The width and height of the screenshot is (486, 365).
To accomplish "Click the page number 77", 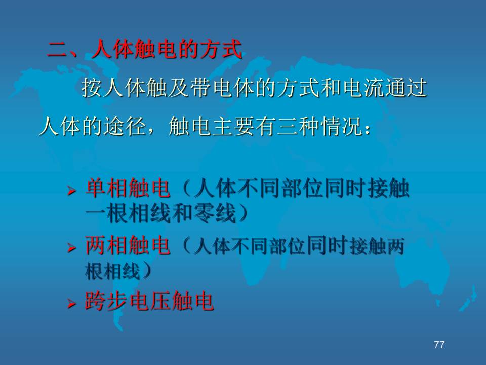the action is pos(439,345).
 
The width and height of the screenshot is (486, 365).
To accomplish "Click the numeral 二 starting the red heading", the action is pos(58,50).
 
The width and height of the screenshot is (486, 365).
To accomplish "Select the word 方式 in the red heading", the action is pos(221,49).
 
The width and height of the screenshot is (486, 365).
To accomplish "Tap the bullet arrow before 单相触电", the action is pos(71,190).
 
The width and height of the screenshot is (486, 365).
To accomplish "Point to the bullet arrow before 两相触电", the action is pos(71,248).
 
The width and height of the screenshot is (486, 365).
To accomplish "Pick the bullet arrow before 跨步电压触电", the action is pos(71,303).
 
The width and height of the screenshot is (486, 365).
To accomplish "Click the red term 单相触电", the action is pos(128,188).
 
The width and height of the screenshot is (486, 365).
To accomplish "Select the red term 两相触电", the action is pos(128,245).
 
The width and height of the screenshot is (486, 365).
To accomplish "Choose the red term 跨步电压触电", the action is pos(149,301).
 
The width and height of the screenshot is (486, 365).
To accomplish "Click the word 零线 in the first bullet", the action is pos(214,213).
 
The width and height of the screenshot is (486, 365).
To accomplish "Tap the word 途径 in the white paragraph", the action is pos(125,126).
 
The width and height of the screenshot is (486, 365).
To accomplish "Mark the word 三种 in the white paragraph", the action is pos(298,126).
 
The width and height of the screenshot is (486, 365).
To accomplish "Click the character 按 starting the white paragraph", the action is pos(92,88).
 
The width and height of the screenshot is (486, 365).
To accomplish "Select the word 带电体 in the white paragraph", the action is pos(222,88).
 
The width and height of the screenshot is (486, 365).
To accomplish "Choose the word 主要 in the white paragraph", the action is pos(233,126).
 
